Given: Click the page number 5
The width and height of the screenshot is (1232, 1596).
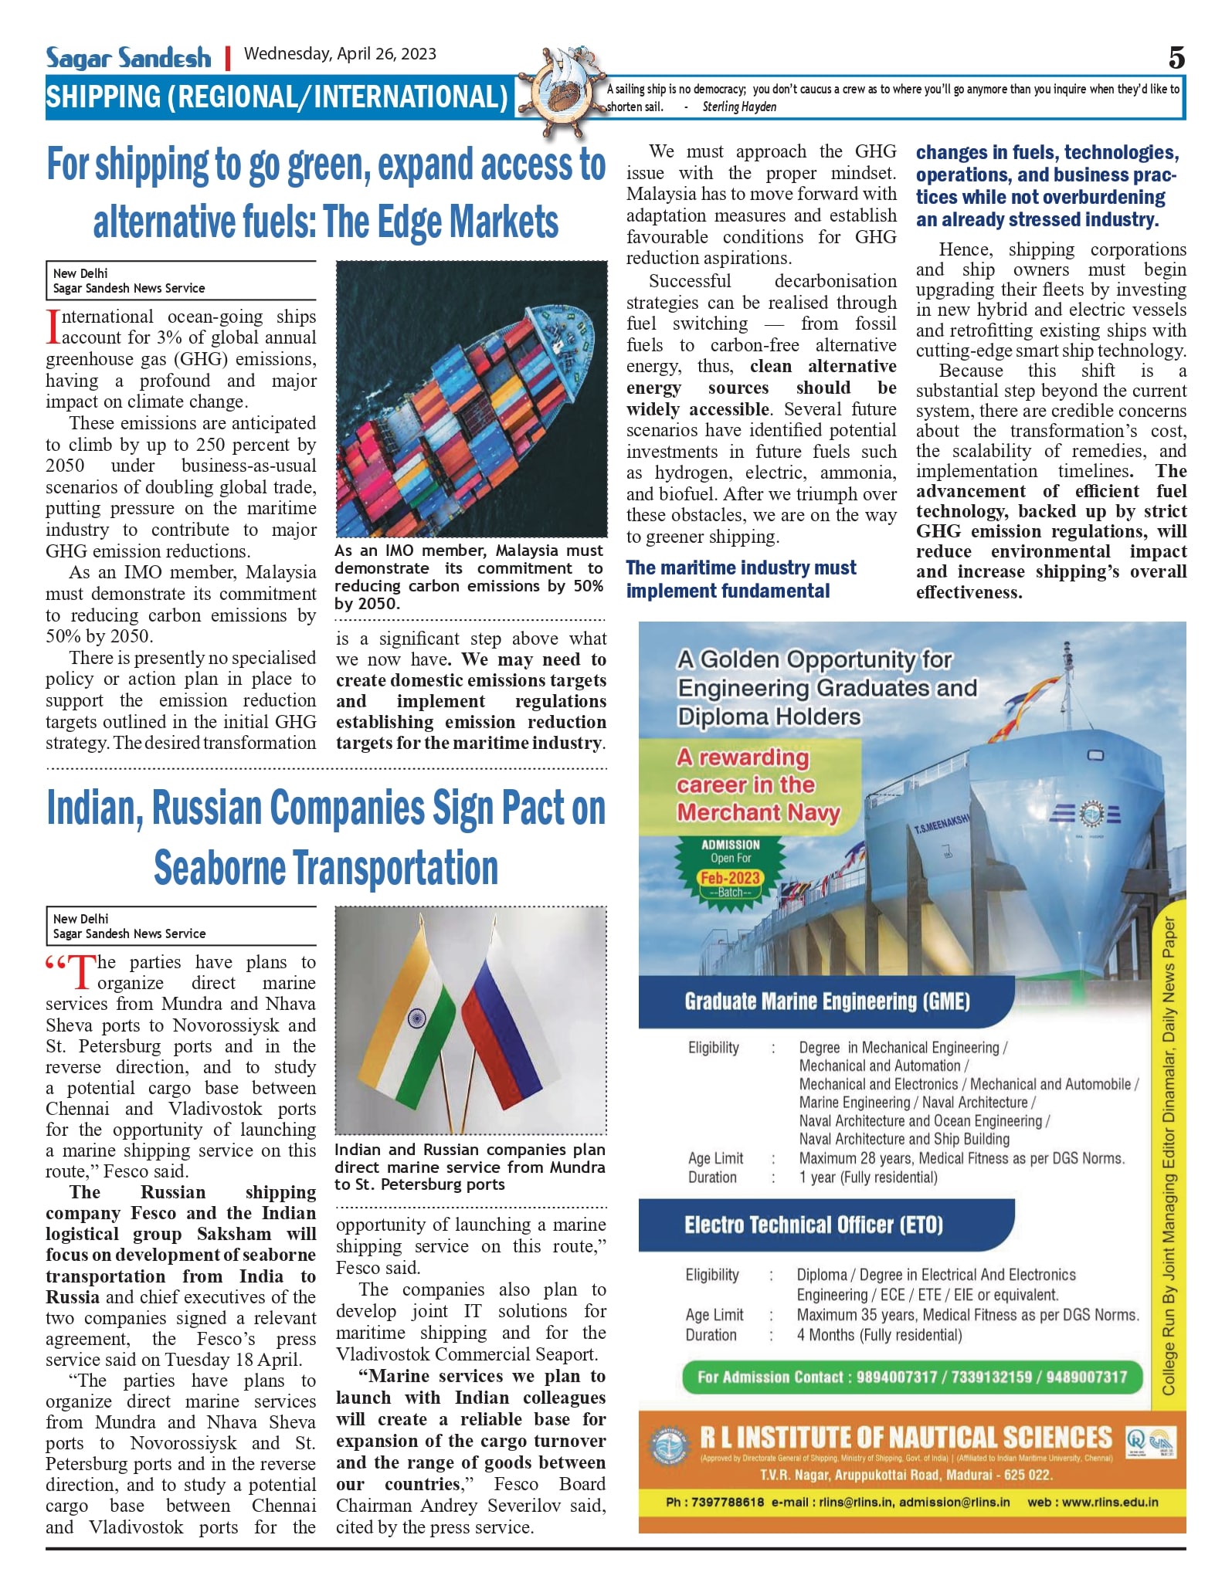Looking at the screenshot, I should click(x=1176, y=58).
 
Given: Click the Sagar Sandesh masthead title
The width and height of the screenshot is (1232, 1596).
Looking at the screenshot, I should click(x=128, y=57).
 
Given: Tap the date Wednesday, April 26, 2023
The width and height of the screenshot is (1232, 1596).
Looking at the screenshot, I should click(x=340, y=54).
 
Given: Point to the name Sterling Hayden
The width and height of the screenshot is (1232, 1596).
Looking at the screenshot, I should click(x=739, y=107).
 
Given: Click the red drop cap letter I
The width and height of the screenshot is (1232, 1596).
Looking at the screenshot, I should click(x=53, y=327).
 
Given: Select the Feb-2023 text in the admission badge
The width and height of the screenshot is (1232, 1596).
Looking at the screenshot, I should click(x=730, y=878).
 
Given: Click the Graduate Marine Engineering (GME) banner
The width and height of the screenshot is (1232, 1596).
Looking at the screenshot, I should click(x=826, y=1002).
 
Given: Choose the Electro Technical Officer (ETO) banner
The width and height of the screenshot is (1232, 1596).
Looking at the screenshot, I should click(x=813, y=1225).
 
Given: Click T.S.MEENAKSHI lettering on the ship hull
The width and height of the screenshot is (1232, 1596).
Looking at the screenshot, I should click(x=941, y=823).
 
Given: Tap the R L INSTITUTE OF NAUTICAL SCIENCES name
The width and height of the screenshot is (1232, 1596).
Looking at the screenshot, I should click(x=905, y=1438).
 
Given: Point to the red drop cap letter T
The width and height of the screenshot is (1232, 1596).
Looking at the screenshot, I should click(x=82, y=972).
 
